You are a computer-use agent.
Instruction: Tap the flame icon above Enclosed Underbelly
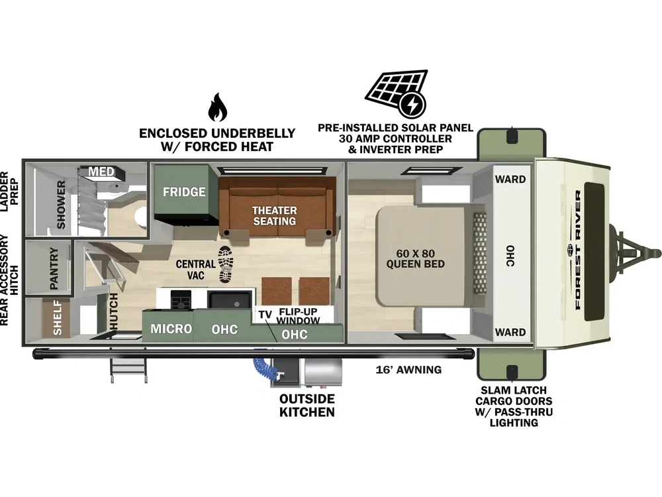click(217, 107)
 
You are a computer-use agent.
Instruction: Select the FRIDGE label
click(184, 192)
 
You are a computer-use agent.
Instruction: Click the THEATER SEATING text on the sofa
click(275, 215)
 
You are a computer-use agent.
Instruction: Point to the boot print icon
click(225, 264)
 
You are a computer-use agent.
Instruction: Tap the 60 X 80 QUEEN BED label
click(416, 258)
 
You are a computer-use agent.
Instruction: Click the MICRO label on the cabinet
click(171, 329)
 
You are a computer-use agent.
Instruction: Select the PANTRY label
click(54, 268)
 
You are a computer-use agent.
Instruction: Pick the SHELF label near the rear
click(57, 317)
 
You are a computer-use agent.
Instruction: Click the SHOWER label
click(61, 205)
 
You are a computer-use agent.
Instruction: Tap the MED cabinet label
click(101, 172)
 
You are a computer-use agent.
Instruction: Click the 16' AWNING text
click(408, 370)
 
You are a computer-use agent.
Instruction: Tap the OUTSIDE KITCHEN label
click(307, 406)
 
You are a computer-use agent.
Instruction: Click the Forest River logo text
click(577, 249)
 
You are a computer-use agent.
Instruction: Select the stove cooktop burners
click(181, 300)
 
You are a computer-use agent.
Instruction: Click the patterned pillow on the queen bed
click(479, 253)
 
